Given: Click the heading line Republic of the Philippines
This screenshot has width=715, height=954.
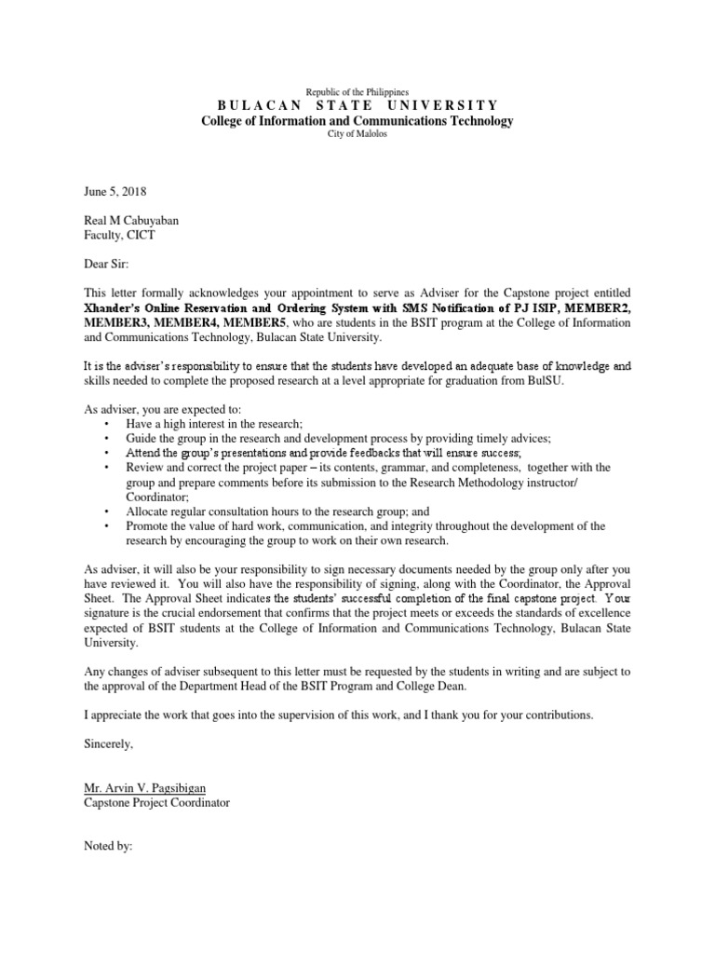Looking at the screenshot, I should (357, 92).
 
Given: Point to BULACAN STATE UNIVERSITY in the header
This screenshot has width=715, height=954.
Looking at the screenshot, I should (357, 106).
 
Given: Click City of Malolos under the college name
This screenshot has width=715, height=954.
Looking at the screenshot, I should (357, 134).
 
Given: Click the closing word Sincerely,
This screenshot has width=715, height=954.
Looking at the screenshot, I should (109, 743).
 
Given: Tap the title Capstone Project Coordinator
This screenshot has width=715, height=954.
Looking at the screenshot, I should (156, 803).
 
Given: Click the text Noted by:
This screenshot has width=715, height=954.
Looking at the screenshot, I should (109, 847).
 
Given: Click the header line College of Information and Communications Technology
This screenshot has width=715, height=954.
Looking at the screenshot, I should (357, 121).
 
